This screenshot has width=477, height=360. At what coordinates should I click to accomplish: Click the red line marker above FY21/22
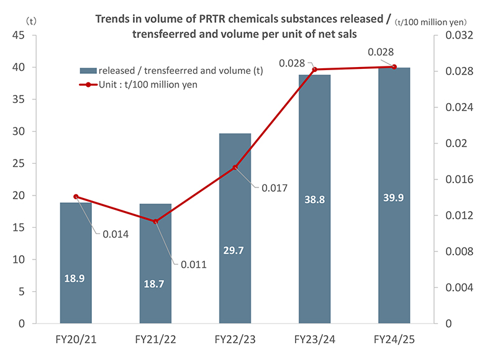pos(155,222)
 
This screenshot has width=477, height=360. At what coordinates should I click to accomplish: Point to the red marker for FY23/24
pos(314,70)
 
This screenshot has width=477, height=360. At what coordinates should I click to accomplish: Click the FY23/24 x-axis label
pos(314,340)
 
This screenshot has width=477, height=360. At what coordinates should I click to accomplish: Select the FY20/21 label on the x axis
pos(76,340)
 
